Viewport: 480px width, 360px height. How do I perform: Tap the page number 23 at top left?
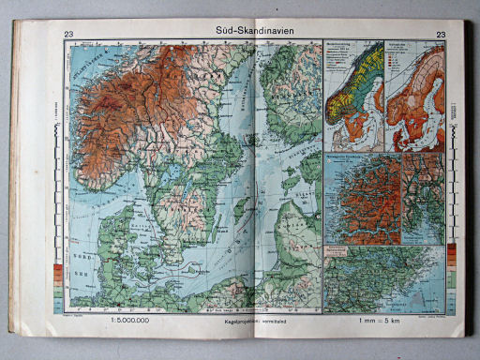coord(69,36)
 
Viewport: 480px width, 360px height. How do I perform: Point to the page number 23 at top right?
coord(441,36)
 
